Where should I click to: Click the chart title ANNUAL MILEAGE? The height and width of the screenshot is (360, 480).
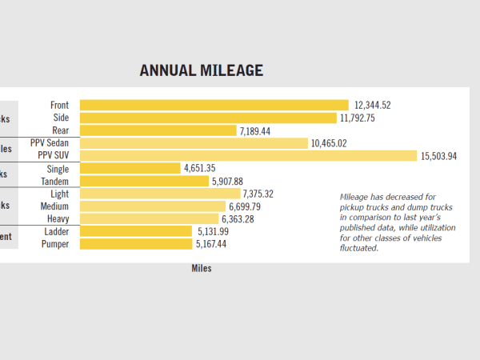pyautogui.click(x=201, y=70)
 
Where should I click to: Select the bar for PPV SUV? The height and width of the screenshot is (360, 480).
pyautogui.click(x=248, y=155)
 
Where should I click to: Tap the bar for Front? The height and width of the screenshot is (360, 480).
pyautogui.click(x=214, y=105)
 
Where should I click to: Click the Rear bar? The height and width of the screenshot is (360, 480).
pyautogui.click(x=158, y=130)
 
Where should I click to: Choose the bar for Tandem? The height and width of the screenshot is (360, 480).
pyautogui.click(x=144, y=181)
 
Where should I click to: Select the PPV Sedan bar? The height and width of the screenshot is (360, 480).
pyautogui.click(x=194, y=143)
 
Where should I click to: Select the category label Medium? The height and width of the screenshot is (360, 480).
pyautogui.click(x=54, y=206)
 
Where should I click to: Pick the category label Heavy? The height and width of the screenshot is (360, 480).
pyautogui.click(x=58, y=218)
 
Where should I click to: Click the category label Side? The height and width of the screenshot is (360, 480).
pyautogui.click(x=61, y=118)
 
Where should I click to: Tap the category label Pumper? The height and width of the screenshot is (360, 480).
pyautogui.click(x=55, y=244)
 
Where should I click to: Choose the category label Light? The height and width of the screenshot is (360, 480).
pyautogui.click(x=59, y=194)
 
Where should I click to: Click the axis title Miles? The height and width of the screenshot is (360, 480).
pyautogui.click(x=202, y=268)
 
